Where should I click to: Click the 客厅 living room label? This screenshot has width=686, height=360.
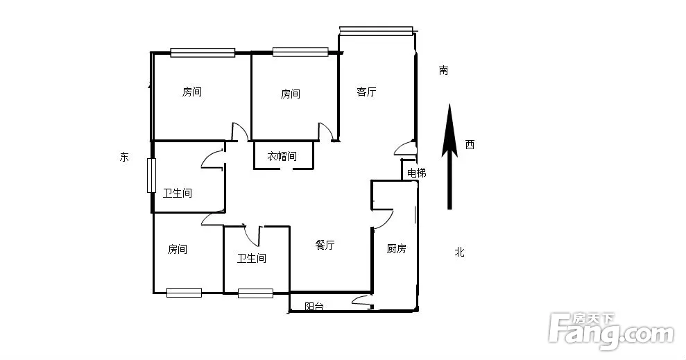click(366, 92)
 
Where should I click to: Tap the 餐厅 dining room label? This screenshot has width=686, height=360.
click(325, 245)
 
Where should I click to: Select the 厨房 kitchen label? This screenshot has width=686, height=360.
click(396, 249)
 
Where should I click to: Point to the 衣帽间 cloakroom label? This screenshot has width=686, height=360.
click(282, 156)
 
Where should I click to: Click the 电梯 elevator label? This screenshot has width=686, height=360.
click(416, 173)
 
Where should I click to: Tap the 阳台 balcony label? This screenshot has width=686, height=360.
click(314, 306)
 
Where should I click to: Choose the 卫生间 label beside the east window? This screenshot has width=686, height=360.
click(177, 193)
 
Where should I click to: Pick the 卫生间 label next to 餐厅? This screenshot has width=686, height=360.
click(252, 258)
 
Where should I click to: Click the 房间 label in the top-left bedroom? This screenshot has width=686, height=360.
click(191, 92)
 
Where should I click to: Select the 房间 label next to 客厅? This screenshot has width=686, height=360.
click(290, 94)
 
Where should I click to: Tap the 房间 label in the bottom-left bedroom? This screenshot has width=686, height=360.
click(177, 249)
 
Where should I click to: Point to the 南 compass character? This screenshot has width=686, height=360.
click(444, 71)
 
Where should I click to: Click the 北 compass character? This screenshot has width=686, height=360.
click(459, 252)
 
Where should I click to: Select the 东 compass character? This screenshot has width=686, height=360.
click(125, 157)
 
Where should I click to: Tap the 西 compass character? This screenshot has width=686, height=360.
click(470, 144)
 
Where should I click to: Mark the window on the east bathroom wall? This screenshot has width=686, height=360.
click(151, 175)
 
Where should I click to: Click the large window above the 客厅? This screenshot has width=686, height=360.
click(376, 30)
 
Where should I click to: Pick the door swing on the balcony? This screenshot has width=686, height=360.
click(361, 300)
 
